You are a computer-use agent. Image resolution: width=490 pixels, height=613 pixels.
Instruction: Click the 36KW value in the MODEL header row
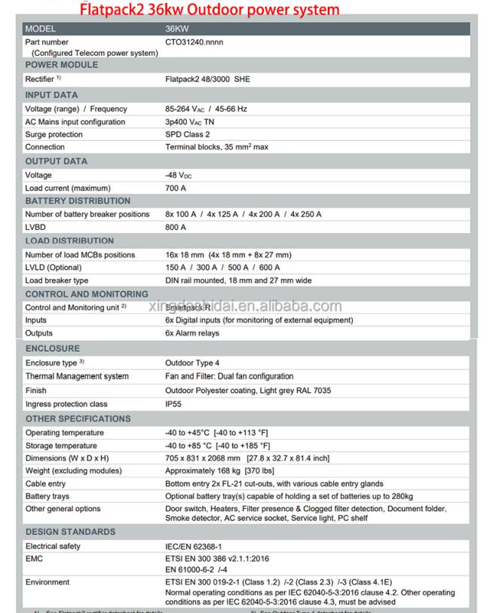[177, 29]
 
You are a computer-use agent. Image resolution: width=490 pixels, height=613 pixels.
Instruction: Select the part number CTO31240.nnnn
[194, 42]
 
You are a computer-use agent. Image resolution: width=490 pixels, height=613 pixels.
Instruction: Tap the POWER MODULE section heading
[62, 65]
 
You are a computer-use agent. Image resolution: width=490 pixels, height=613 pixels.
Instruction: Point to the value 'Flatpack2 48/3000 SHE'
[207, 78]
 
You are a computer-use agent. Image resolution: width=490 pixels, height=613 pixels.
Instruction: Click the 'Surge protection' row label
[54, 134]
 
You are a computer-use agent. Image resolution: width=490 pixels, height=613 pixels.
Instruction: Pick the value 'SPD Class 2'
[188, 134]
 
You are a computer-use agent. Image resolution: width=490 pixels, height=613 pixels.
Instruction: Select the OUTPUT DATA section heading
[57, 161]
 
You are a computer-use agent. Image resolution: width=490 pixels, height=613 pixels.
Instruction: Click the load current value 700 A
[176, 188]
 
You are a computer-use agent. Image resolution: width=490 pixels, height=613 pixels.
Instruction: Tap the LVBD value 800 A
[176, 227]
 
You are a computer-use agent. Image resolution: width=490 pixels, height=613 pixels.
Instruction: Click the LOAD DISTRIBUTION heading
[70, 241]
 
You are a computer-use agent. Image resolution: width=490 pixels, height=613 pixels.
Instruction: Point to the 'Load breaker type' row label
[57, 280]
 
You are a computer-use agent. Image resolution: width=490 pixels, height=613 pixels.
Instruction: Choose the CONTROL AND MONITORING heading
[87, 294]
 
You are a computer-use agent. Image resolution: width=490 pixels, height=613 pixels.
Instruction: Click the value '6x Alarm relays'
[193, 333]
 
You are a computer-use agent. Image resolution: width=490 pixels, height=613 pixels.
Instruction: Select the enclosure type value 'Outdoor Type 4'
[192, 363]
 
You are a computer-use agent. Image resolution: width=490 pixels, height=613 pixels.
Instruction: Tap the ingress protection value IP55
[174, 404]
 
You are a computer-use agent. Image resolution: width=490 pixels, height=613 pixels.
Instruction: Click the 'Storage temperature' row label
[61, 446]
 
